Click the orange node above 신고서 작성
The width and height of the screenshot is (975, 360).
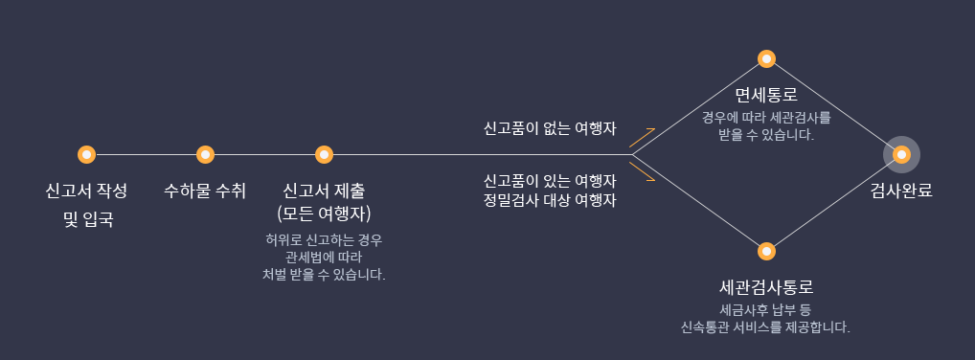[86, 154]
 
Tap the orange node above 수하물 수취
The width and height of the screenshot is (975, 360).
[205, 154]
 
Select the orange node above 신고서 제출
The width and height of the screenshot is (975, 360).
[324, 154]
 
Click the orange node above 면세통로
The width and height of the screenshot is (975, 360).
[766, 58]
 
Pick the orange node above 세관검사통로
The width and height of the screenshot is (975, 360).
[766, 251]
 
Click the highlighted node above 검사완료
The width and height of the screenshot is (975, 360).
[900, 154]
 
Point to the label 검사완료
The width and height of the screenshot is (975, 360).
[900, 190]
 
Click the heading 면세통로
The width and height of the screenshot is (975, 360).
[766, 96]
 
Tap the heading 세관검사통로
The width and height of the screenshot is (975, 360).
[766, 287]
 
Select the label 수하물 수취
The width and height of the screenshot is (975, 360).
[205, 190]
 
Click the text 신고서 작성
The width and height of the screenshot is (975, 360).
[86, 190]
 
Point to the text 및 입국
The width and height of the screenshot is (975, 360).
[87, 220]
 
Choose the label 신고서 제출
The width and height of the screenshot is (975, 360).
[324, 190]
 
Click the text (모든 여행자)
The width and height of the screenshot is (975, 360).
[324, 213]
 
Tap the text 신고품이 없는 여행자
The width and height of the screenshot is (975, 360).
[549, 127]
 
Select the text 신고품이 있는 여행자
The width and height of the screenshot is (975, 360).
[549, 180]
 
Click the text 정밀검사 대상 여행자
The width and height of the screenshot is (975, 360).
[549, 201]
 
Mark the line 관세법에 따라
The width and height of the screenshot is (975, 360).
[324, 257]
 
